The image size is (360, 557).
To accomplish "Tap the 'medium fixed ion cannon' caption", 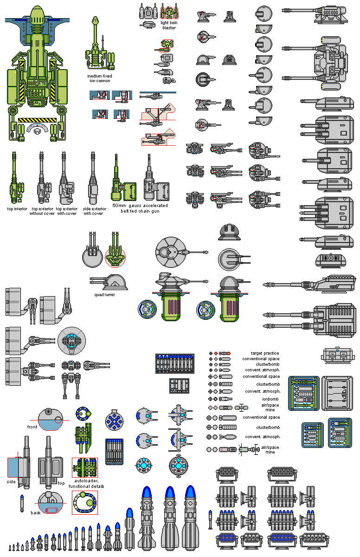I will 99,78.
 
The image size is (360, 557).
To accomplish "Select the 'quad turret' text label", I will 104,294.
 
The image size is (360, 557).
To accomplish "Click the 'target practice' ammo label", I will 265,353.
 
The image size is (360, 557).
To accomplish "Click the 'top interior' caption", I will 17,209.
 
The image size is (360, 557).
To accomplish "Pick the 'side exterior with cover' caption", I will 95,211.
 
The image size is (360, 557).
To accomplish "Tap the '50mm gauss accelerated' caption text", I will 140,205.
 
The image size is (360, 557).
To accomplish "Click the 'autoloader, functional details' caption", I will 86,484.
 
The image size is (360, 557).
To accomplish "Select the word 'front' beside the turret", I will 32,427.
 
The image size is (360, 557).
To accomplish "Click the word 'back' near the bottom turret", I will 36,513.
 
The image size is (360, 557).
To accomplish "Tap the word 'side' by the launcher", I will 12,481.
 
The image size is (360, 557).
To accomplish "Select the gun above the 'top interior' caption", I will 14,179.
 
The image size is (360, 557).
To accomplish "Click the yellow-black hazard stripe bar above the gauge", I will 37,120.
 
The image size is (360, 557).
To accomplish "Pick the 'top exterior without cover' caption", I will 42,211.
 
